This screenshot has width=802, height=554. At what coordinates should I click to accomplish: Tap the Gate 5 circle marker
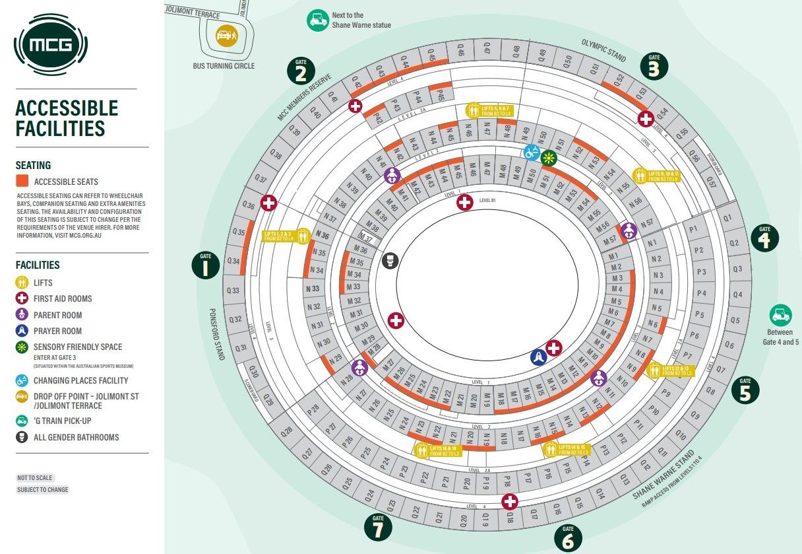point(745,390)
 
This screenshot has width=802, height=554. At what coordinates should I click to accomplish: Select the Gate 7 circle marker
point(378,527)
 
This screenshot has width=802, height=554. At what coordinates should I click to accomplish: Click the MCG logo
point(51,46)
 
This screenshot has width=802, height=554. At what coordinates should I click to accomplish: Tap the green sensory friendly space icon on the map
point(549,158)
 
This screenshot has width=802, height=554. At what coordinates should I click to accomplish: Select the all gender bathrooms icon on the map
point(390,260)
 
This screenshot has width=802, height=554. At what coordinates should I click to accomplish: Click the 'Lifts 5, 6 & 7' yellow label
point(489,110)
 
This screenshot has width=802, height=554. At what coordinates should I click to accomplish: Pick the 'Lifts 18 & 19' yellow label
point(437,450)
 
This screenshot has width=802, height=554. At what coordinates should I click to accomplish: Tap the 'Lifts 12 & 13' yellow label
point(671,370)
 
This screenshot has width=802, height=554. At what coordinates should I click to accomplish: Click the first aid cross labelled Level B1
point(465,202)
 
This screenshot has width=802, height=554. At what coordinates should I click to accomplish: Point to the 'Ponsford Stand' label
point(218,333)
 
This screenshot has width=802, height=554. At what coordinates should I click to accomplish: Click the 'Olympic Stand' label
point(603,50)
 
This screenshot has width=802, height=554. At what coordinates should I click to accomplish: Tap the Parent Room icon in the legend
point(22,315)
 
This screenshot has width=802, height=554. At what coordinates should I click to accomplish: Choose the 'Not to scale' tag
point(35,477)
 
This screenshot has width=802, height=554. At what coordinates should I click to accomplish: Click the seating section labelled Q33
point(233,291)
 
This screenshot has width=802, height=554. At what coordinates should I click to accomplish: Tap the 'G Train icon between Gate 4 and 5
point(780,314)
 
